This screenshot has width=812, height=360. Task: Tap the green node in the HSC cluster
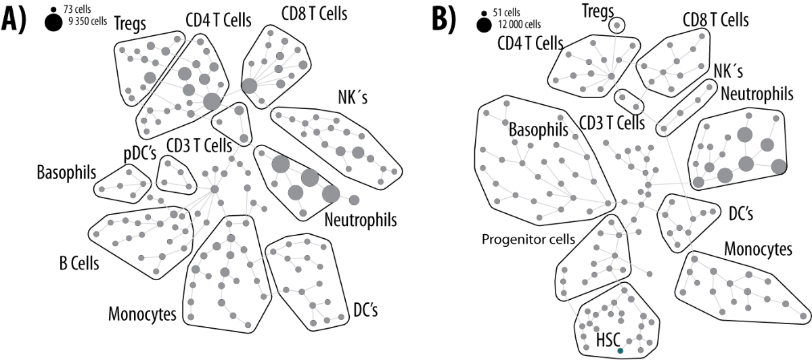click(620, 351)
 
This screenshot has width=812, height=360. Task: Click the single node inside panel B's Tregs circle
click(616, 26)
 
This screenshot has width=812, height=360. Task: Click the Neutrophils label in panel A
click(360, 219)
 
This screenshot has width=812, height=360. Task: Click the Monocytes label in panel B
click(759, 249)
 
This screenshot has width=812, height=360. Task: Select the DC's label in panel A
click(365, 309)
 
